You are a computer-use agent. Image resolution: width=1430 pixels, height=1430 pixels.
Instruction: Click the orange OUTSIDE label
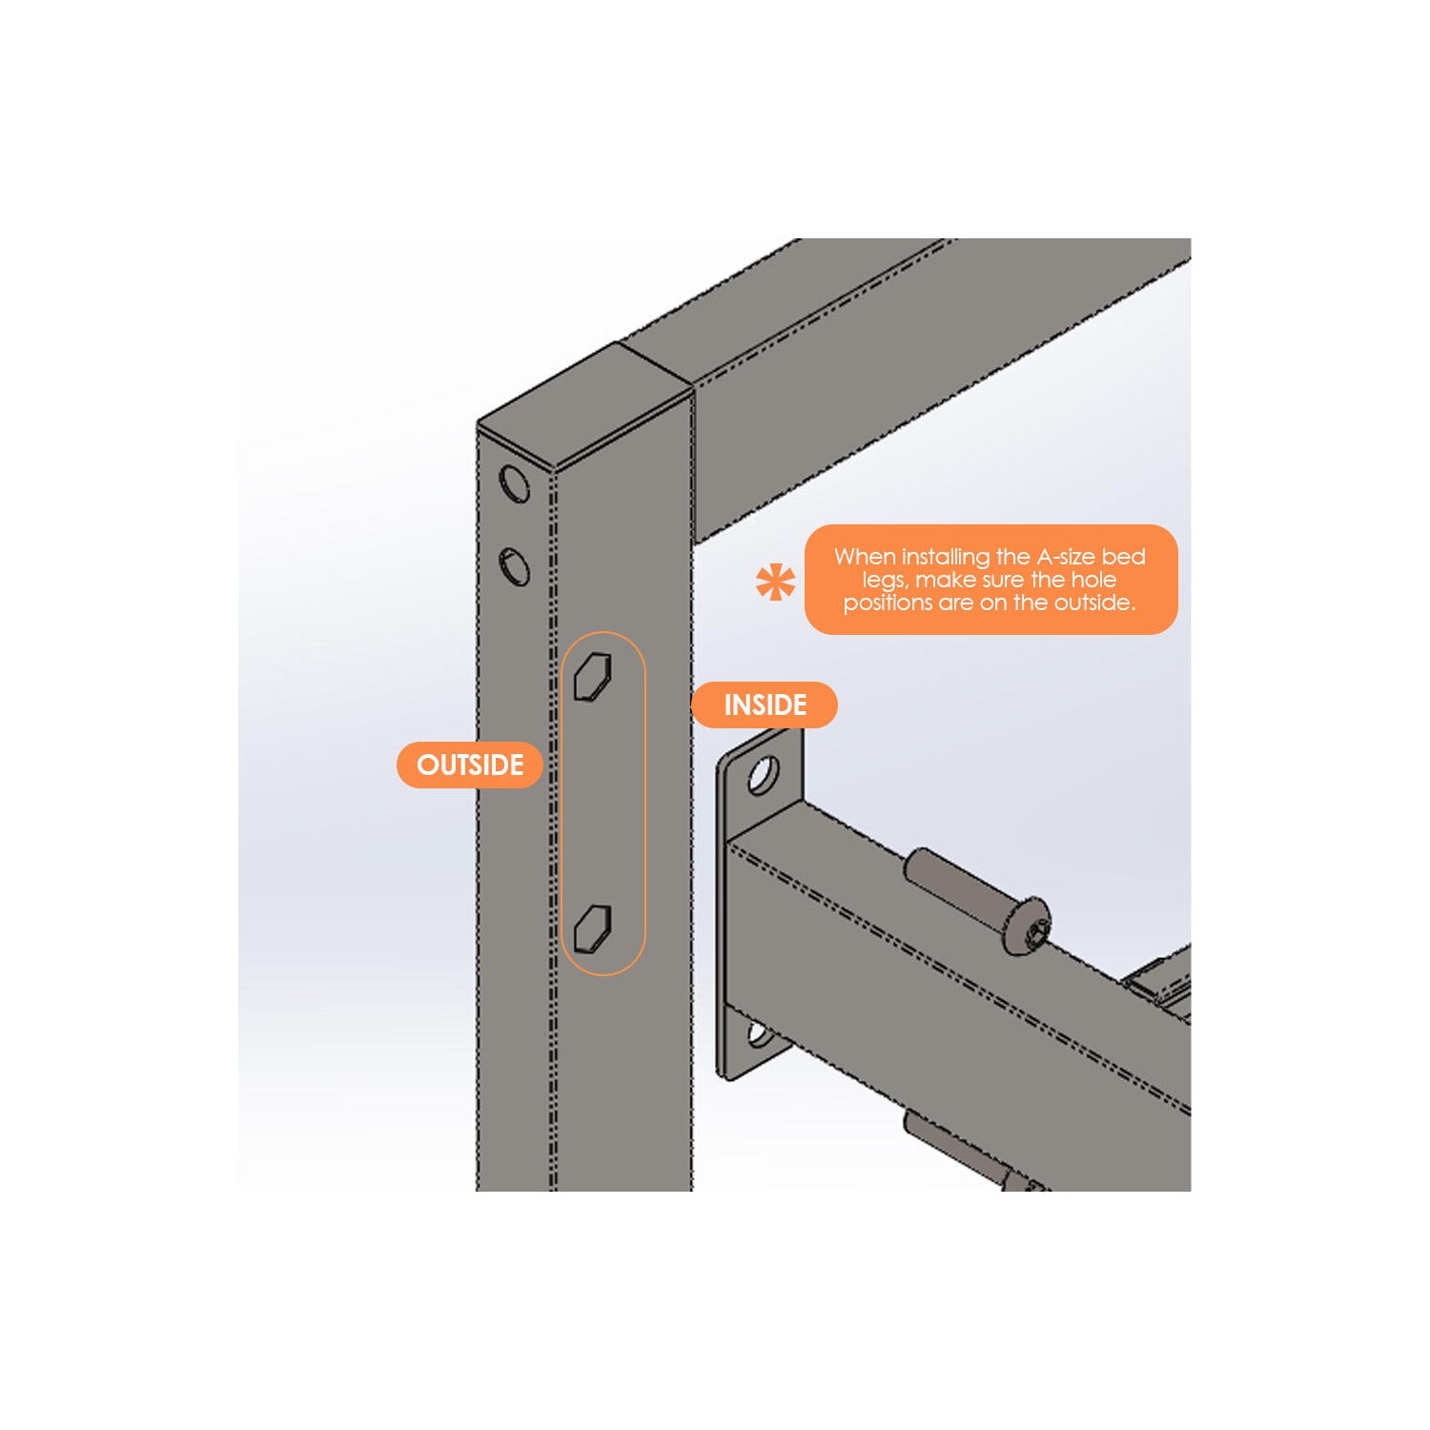(470, 765)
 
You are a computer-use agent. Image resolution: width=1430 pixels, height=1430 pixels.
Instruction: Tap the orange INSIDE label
(765, 705)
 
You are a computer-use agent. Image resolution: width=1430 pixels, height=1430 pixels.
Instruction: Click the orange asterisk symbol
(775, 582)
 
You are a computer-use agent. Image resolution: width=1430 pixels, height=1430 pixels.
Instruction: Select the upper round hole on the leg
(515, 484)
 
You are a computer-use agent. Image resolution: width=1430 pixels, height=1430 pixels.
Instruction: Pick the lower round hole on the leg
(515, 566)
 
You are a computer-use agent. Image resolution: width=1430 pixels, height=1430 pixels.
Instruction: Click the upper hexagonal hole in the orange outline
(593, 676)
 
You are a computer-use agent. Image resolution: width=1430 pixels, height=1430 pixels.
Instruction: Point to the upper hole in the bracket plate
(763, 775)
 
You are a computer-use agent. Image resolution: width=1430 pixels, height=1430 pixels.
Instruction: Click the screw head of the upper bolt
(1028, 925)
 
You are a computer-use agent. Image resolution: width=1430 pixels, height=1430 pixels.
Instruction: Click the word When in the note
(865, 557)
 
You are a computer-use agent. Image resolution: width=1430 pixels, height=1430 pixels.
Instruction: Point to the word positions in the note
(888, 603)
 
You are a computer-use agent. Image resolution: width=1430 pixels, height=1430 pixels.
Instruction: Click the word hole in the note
(1093, 580)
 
